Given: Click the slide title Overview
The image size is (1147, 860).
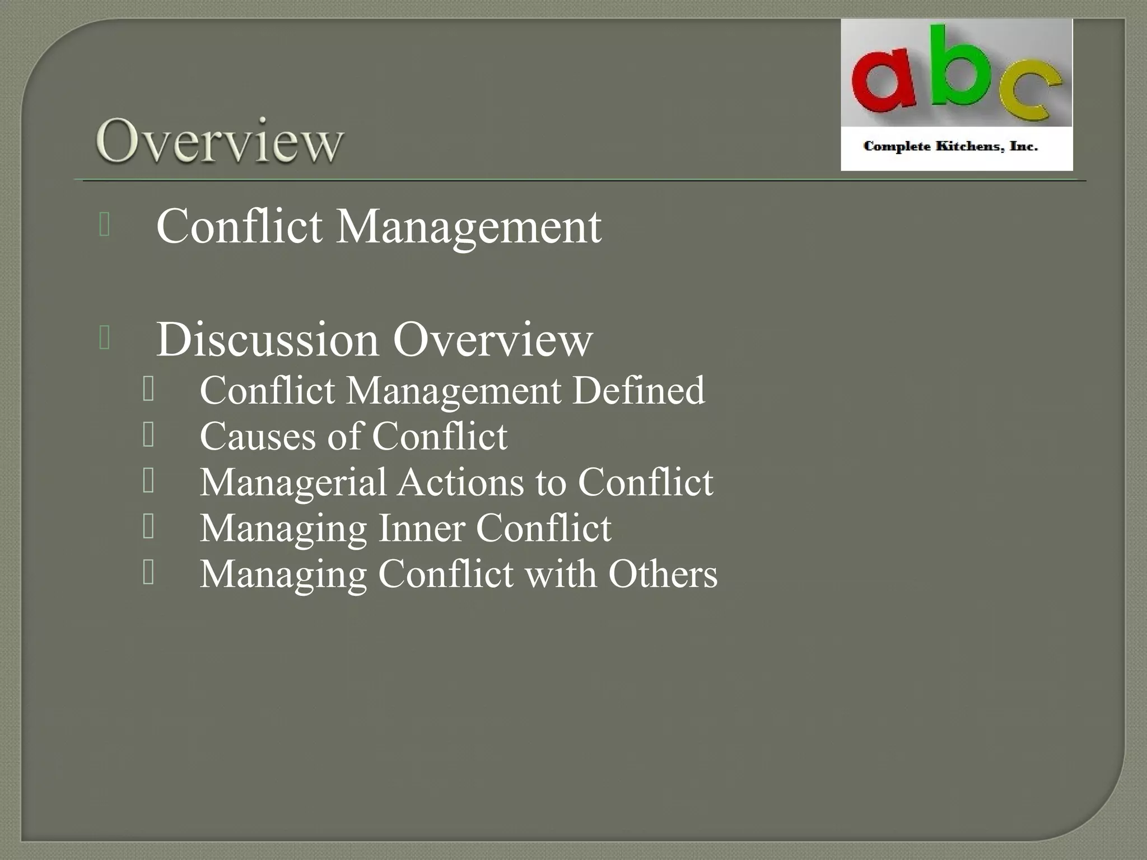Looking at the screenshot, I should point(219,141).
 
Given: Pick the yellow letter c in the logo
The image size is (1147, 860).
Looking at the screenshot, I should point(1031,92).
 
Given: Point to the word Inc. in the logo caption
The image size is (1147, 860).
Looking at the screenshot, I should point(1024,147).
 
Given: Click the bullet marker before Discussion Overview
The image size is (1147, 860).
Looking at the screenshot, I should point(104,338).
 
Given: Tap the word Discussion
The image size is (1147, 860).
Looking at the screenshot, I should point(267,339).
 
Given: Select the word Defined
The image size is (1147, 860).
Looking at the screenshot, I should point(638,390).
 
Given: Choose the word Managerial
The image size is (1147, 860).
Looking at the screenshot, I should point(293,483).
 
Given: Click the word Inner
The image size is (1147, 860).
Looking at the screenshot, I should point(422,528).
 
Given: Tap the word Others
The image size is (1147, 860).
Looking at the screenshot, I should point(663,574).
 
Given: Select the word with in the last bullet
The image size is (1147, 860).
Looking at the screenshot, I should point(561,574).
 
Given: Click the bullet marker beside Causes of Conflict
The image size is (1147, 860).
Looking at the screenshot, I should point(148,434).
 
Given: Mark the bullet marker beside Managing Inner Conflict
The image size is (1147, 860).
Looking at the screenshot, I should point(148,526).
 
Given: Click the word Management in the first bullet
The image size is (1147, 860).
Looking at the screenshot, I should point(468,226).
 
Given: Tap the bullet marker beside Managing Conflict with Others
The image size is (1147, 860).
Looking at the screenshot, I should point(148,572).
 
